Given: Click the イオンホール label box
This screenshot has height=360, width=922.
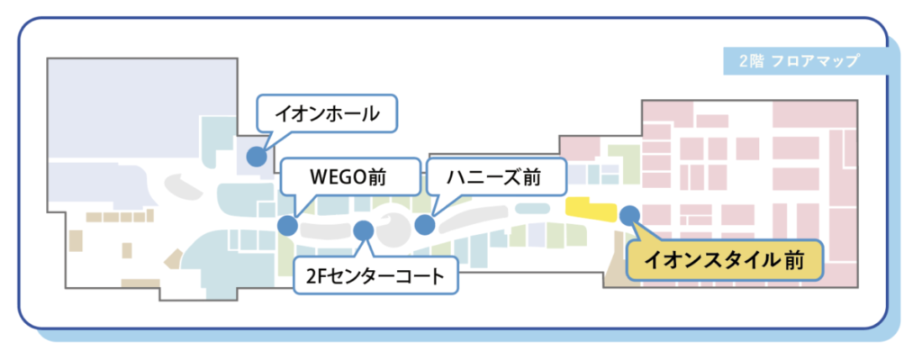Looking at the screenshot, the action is point(327,113).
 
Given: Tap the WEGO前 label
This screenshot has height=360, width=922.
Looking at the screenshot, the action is point(350,176).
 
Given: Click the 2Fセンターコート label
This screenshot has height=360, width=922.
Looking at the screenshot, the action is point(375,274).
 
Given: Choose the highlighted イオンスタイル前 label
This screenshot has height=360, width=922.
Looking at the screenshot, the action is point(725,259).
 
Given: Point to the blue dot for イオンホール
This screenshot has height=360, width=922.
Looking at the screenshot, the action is point(256,157).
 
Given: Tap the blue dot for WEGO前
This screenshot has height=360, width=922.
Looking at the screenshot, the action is point(287,226).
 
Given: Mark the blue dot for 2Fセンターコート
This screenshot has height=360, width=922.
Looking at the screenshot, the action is point(364,230).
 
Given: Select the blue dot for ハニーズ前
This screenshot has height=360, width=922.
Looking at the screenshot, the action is point(425,225).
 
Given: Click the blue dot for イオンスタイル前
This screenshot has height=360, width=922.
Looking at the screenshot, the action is point(629,215).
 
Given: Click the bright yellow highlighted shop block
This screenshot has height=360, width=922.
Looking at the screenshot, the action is point(590,210).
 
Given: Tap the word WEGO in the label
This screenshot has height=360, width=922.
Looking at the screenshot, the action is point(339,177).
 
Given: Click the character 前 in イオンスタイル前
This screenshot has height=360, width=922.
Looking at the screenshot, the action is point(793,259).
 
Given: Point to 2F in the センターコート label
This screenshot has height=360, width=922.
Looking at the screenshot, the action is point(317,275).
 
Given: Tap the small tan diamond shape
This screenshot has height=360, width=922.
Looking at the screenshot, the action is point(174,259).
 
